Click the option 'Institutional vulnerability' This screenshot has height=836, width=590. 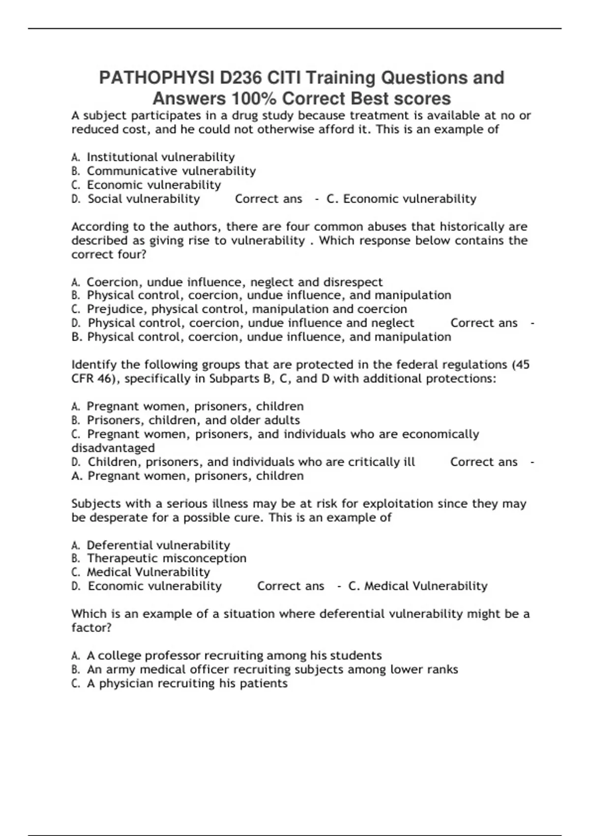(160, 157)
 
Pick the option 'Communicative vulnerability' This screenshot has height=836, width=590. (171, 171)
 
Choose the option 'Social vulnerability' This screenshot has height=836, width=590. (144, 199)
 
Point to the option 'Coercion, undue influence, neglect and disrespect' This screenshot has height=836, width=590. (234, 282)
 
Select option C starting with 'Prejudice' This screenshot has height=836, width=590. (246, 309)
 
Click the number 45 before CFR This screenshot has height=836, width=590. (522, 365)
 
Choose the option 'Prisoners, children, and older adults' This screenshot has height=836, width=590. (193, 420)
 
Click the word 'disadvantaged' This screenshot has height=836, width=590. (113, 448)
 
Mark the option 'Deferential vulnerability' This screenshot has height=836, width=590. (158, 545)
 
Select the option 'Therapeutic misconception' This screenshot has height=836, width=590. (166, 559)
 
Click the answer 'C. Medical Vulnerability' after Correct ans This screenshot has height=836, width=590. (417, 586)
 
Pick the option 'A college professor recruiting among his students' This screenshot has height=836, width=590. (234, 656)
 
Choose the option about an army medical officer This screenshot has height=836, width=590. (272, 670)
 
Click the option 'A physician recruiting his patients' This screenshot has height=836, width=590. (187, 684)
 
